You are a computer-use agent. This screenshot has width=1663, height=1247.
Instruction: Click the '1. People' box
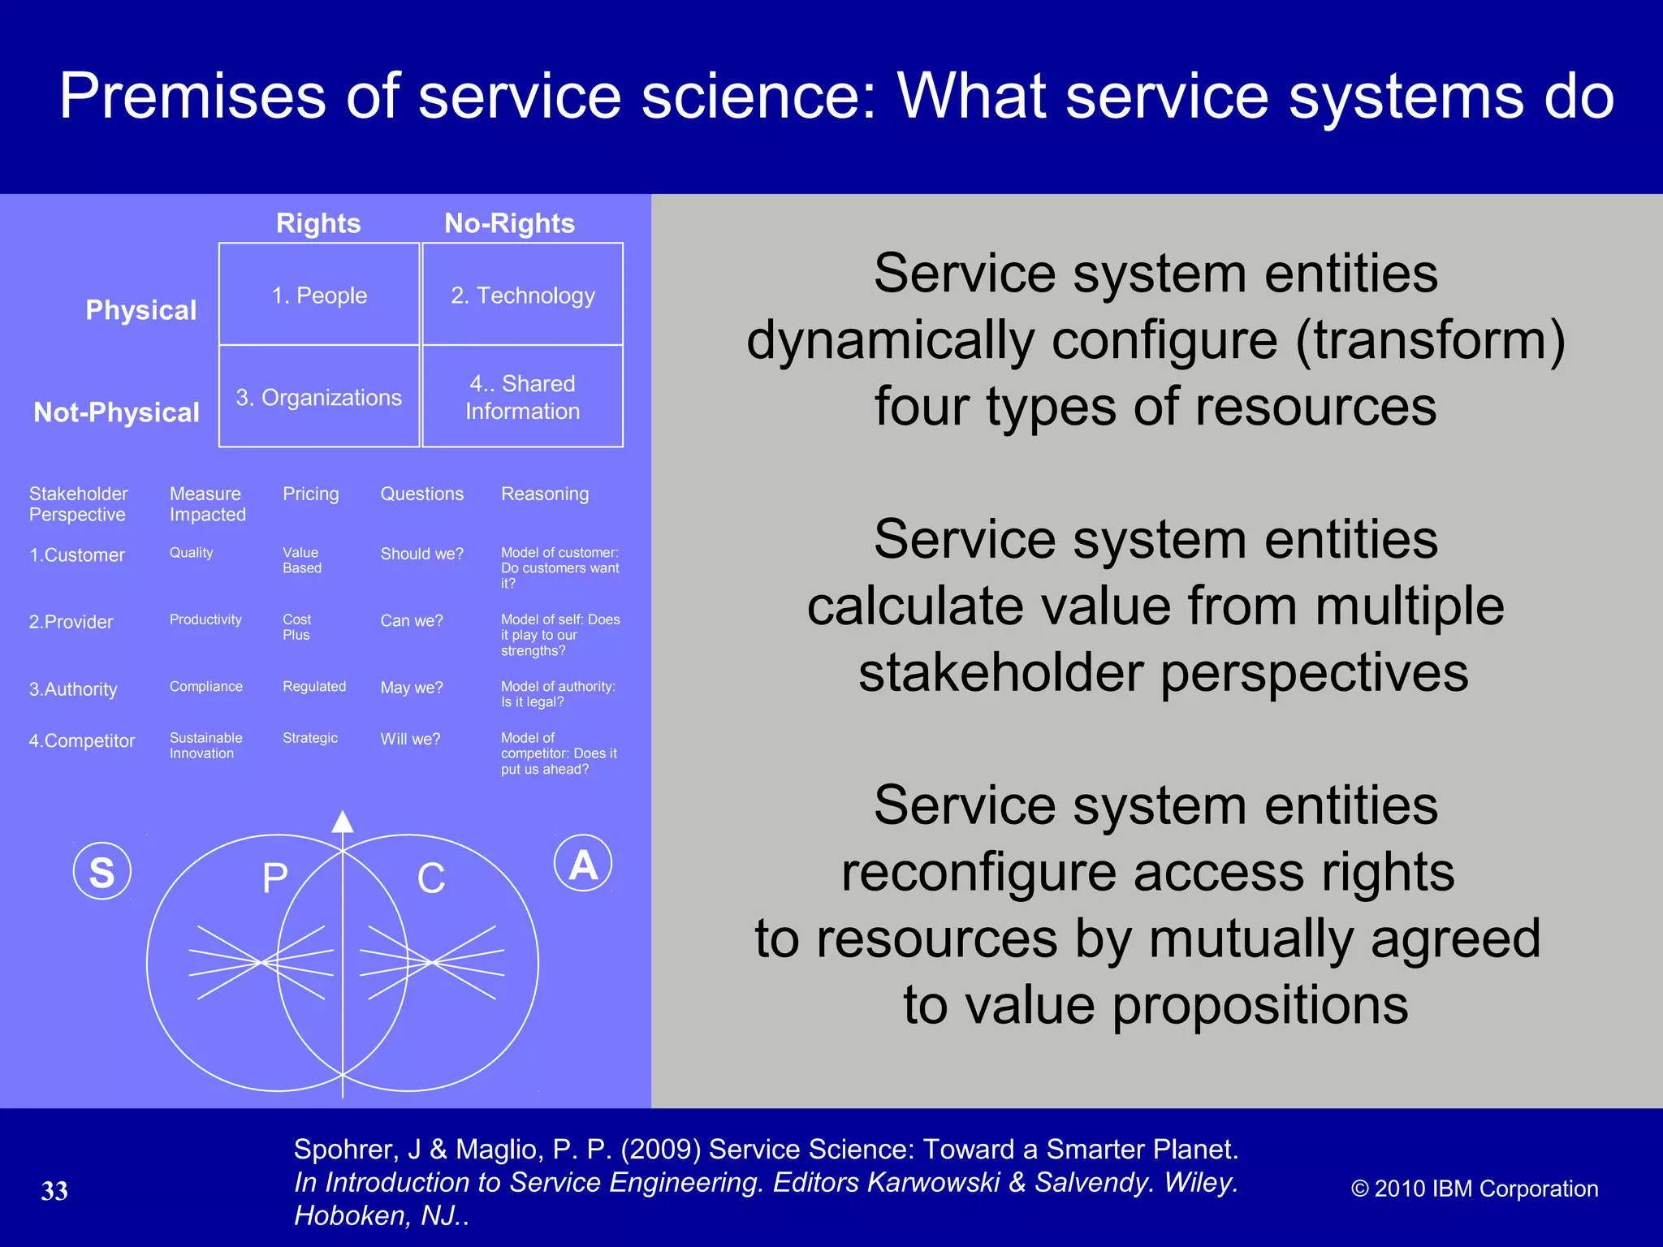pyautogui.click(x=319, y=295)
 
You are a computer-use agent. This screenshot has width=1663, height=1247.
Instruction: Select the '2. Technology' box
pyautogui.click(x=523, y=295)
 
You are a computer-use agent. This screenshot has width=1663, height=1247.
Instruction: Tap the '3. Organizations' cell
pyautogui.click(x=319, y=397)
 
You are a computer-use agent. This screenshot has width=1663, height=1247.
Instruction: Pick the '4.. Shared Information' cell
pyautogui.click(x=523, y=397)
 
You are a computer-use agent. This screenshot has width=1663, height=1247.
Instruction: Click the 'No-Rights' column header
pyautogui.click(x=509, y=223)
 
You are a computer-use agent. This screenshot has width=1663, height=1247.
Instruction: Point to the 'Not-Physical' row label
pyautogui.click(x=116, y=412)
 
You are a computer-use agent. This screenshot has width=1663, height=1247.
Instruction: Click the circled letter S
pyautogui.click(x=102, y=872)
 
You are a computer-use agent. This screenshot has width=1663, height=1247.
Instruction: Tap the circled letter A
pyautogui.click(x=583, y=864)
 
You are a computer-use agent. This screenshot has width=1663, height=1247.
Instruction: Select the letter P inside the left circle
pyautogui.click(x=275, y=878)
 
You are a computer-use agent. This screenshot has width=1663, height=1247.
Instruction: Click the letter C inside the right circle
pyautogui.click(x=431, y=878)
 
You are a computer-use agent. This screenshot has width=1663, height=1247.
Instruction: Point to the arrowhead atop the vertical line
pyautogui.click(x=343, y=822)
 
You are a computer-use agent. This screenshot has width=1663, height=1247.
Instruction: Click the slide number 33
pyautogui.click(x=54, y=1191)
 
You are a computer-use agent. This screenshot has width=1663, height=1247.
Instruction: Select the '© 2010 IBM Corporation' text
pyautogui.click(x=1474, y=1189)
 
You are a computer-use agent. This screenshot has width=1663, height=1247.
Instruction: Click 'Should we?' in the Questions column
pyautogui.click(x=421, y=554)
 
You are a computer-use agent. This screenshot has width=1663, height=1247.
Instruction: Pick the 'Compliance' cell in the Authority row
pyautogui.click(x=205, y=687)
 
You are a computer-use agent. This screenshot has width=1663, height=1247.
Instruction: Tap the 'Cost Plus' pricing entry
pyautogui.click(x=296, y=627)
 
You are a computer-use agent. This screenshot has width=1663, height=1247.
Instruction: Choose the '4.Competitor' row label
pyautogui.click(x=82, y=740)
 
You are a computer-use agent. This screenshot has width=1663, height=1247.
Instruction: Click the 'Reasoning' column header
pyautogui.click(x=545, y=494)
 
